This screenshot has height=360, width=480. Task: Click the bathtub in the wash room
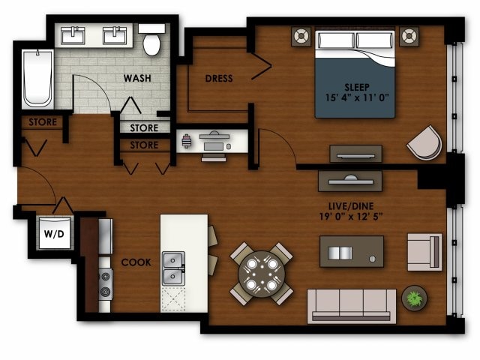(x=37, y=79)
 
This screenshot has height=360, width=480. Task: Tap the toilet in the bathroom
(x=152, y=41)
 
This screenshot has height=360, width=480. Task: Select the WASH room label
(x=138, y=77)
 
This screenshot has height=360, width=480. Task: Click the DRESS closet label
(x=219, y=78)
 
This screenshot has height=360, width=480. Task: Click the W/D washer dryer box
(x=54, y=233)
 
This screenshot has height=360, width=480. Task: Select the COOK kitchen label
(x=136, y=262)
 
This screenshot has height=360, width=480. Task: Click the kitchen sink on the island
(x=174, y=267)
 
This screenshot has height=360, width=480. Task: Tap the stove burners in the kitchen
(x=105, y=283)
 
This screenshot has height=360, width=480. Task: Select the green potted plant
(x=413, y=298)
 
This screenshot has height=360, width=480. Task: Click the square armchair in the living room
(x=424, y=251)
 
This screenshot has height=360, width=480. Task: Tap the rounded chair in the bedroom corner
(x=426, y=142)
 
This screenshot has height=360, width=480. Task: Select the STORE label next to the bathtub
(x=42, y=122)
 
